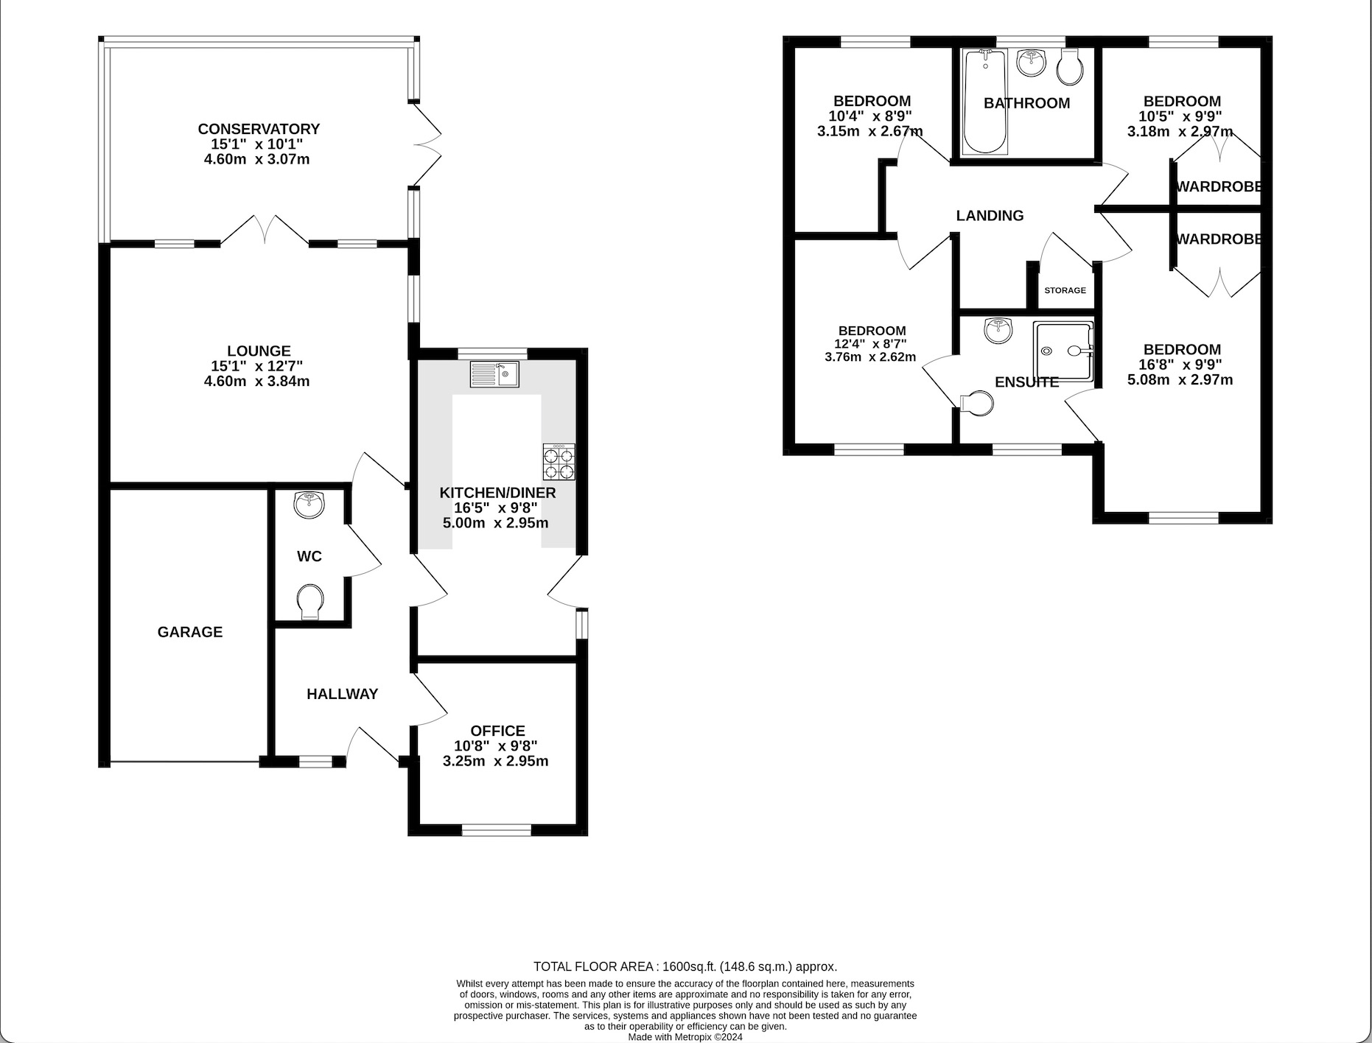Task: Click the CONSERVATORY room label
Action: pos(259,129)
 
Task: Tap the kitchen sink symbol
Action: pos(494,374)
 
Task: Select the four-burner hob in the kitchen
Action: pos(559,463)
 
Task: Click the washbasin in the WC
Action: pos(309,505)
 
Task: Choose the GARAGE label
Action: pos(190,632)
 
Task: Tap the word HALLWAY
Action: pos(342,694)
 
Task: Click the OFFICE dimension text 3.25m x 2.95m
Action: pos(495,762)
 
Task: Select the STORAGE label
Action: pos(1065,290)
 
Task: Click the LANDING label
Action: pos(990,216)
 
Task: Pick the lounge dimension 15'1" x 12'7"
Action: pos(257,366)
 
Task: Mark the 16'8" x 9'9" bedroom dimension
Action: pos(1181,365)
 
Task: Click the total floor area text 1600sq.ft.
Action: pos(685,966)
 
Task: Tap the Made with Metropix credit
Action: pos(685,1036)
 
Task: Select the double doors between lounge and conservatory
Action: pos(264,230)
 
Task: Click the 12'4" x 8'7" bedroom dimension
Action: pos(871,344)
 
